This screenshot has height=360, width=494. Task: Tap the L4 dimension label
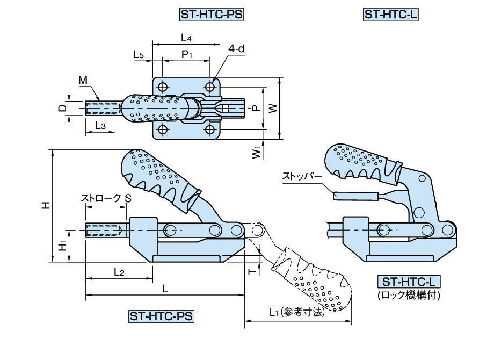click(186, 38)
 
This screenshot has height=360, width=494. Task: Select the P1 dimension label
click(186, 54)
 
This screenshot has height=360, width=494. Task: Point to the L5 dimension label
click(139, 54)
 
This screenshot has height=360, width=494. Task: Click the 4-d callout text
click(236, 49)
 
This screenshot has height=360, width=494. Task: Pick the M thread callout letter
click(83, 80)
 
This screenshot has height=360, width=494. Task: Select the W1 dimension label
click(257, 152)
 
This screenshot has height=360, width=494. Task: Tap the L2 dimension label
click(119, 272)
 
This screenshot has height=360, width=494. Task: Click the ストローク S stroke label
click(106, 198)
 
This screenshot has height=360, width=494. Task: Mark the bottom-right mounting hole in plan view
click(210, 130)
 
